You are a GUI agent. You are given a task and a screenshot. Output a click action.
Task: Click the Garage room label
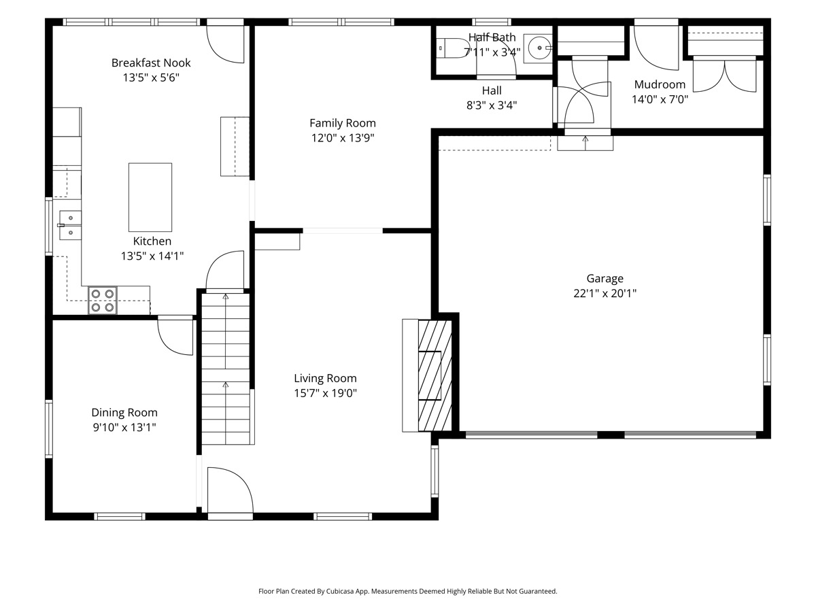[x=605, y=278]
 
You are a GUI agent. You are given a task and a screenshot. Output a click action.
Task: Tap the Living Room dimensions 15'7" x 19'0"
[x=325, y=393]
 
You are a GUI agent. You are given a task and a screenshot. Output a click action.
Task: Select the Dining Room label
[x=124, y=413]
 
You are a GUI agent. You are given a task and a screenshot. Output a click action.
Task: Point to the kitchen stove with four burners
[x=102, y=301]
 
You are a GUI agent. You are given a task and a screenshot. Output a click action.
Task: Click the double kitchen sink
[x=69, y=225]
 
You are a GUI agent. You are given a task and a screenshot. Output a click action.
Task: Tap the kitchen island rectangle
[x=150, y=197]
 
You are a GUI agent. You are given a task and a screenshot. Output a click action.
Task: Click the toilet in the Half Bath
[x=452, y=48]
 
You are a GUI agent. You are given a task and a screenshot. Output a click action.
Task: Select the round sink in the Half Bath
[x=538, y=48]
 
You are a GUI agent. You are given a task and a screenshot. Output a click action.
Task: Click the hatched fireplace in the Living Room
[x=435, y=375]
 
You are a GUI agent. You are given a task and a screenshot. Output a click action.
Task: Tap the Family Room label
[x=343, y=123]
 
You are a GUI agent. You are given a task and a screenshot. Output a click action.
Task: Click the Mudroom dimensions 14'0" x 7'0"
[x=660, y=99]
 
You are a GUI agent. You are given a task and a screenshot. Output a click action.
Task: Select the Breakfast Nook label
[x=151, y=63]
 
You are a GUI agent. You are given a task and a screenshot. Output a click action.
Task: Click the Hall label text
[x=492, y=90]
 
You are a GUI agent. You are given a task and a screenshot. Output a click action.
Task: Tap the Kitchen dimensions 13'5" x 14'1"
[x=152, y=256]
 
